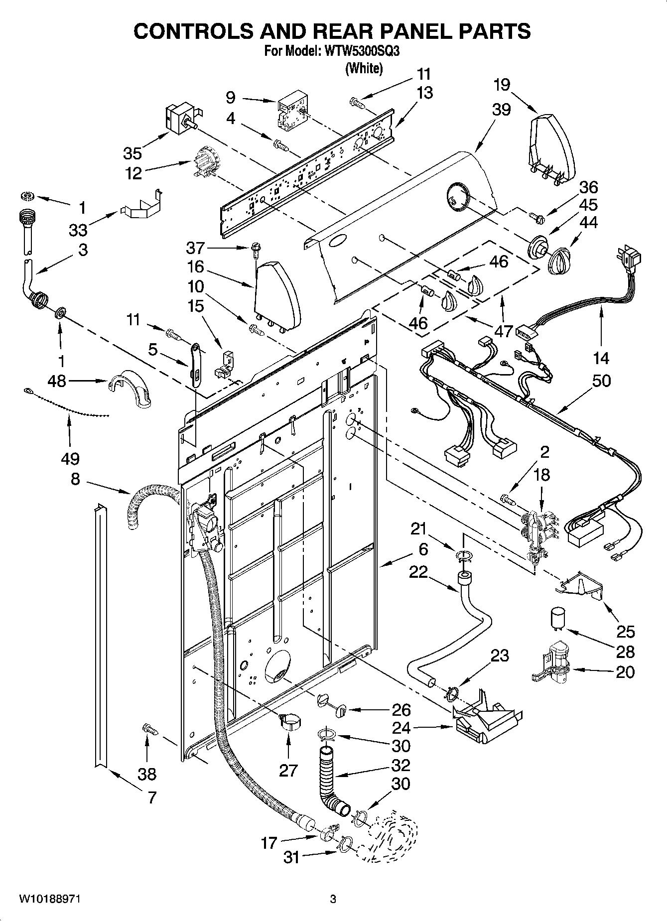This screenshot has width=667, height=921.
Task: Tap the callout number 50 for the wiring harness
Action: point(602,381)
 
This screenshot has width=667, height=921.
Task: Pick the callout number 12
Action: point(133,173)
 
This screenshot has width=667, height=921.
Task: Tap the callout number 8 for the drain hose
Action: point(75,479)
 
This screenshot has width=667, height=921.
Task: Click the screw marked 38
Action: point(150,729)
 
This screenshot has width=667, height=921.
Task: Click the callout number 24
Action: point(401,728)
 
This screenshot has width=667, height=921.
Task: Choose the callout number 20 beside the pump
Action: point(625,672)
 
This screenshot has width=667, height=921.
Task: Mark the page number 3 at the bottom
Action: point(333,899)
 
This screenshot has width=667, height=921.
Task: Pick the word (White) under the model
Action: point(364,68)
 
